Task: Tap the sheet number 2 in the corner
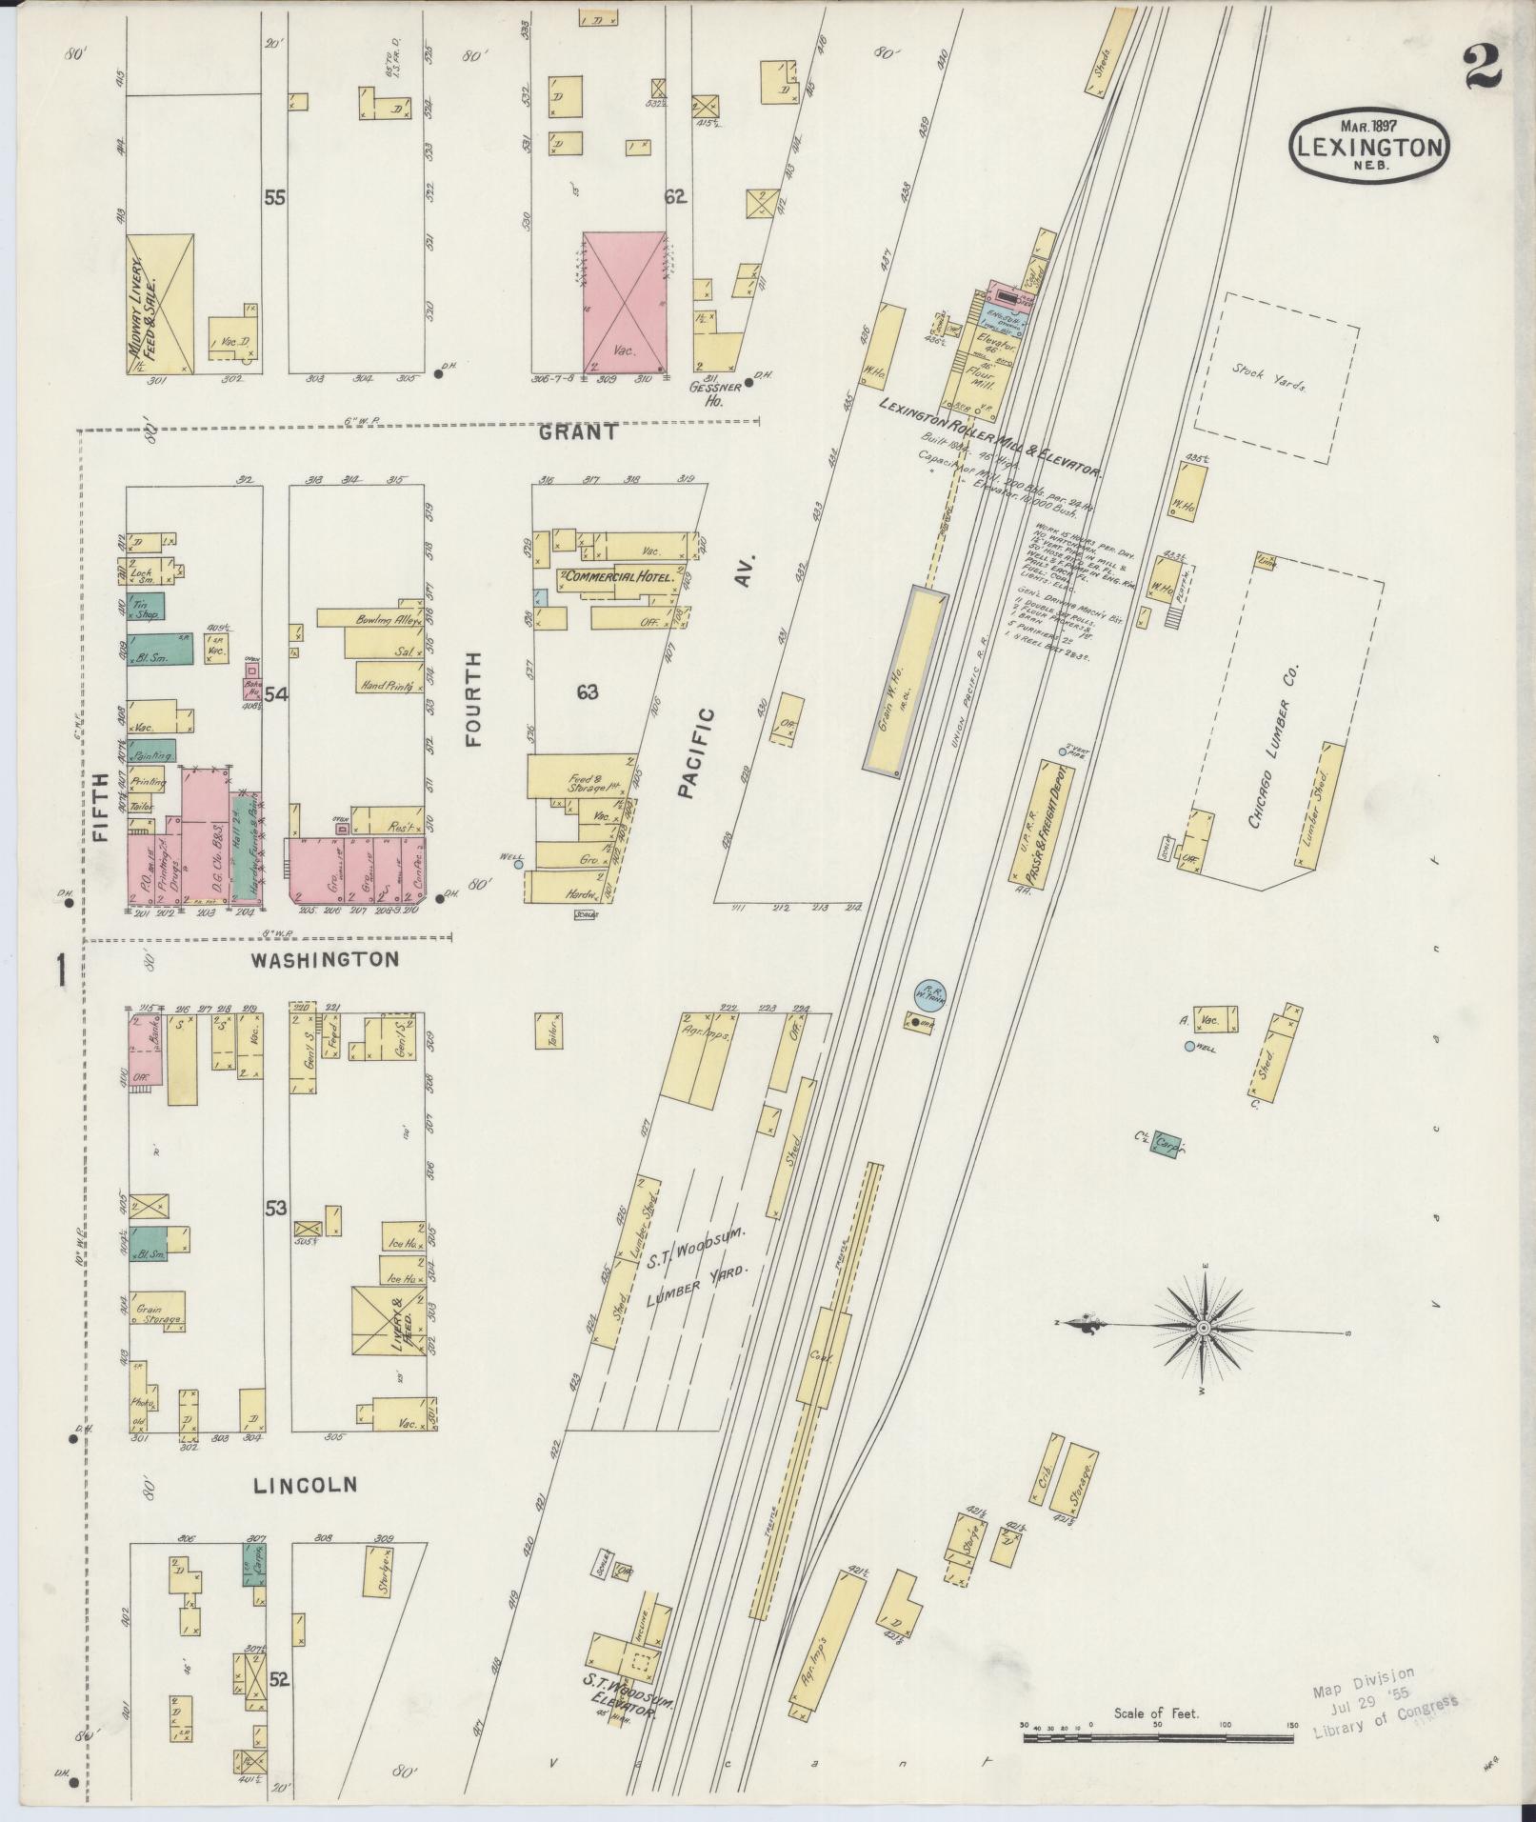click(1483, 67)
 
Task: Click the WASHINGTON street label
click(325, 959)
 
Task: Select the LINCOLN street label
click(305, 1511)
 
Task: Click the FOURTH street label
click(473, 698)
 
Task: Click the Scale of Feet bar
click(1158, 1738)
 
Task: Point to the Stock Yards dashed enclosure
click(1275, 377)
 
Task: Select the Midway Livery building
click(159, 303)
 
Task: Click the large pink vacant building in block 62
click(624, 300)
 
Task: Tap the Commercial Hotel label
click(621, 577)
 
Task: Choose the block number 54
click(276, 694)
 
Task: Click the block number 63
click(587, 692)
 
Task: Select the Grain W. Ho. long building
click(906, 682)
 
